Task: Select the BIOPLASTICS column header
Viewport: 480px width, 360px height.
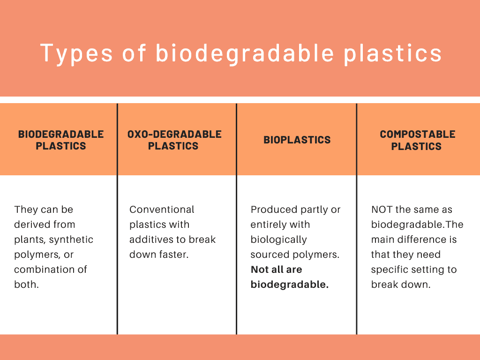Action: pyautogui.click(x=297, y=140)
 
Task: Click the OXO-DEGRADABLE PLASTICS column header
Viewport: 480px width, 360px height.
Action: pyautogui.click(x=174, y=140)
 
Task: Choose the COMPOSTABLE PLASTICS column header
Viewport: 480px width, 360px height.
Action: pyautogui.click(x=417, y=140)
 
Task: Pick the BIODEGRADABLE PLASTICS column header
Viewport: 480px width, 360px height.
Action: pyautogui.click(x=61, y=140)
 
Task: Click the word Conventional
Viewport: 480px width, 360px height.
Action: pyautogui.click(x=162, y=210)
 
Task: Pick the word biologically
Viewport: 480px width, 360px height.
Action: pyautogui.click(x=278, y=240)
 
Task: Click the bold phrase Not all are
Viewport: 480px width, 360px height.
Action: pyautogui.click(x=277, y=270)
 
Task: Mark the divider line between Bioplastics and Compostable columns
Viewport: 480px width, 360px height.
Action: pyautogui.click(x=357, y=219)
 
